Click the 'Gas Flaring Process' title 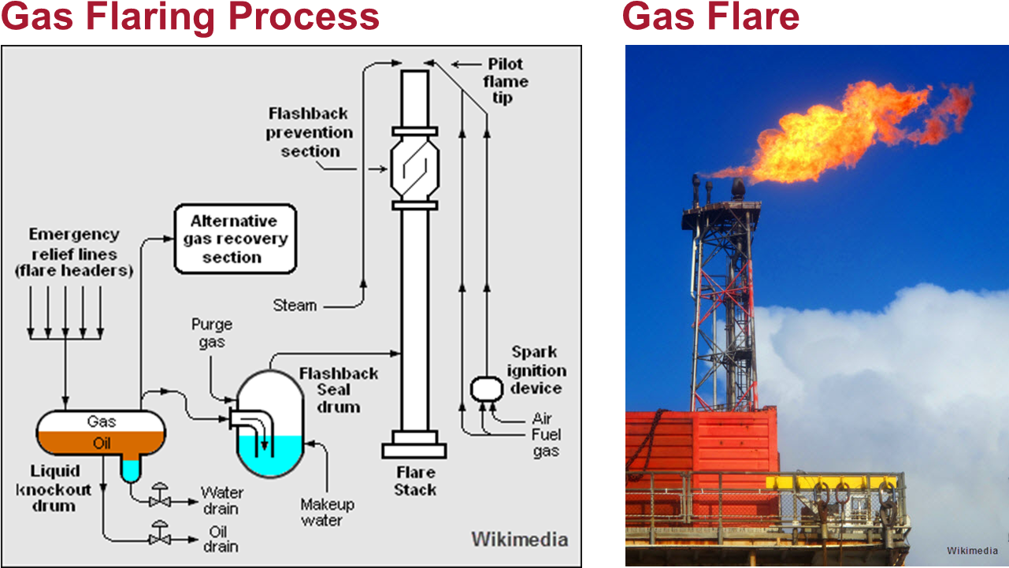[x=190, y=17]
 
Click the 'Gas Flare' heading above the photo [x=710, y=17]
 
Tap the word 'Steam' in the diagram [x=295, y=305]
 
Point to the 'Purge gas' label [x=212, y=332]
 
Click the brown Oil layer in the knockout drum [x=102, y=443]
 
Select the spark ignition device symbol [x=484, y=388]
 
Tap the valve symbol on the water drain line [x=159, y=498]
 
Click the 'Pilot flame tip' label [x=505, y=80]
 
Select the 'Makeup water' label [x=328, y=512]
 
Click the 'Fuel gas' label [x=545, y=443]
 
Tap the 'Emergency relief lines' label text [x=74, y=252]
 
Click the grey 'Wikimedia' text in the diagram [x=519, y=540]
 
